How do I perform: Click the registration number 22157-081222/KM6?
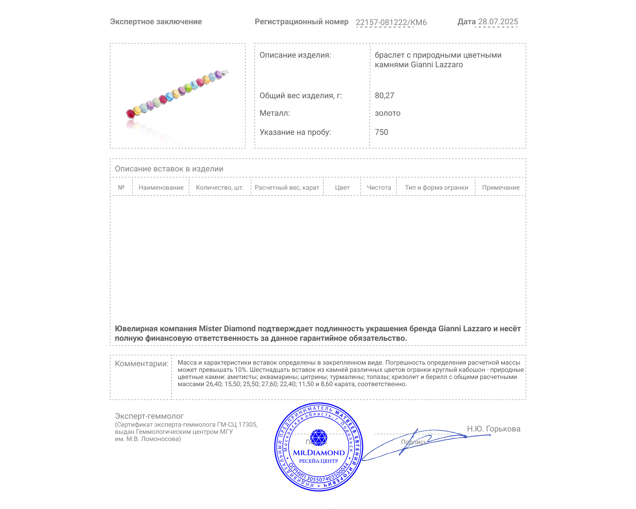391,22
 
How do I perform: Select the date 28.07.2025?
498,21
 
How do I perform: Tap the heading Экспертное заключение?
156,22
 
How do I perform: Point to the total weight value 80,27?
384,95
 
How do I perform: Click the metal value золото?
388,113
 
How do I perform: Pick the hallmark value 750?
381,132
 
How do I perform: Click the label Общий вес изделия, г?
301,95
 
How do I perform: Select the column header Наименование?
161,188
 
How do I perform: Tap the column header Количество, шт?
220,188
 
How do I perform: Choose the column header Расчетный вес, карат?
287,188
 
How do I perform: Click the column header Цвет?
342,188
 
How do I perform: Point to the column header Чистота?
379,188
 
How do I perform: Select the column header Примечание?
501,188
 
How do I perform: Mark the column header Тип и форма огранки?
436,188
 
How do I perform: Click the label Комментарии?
142,363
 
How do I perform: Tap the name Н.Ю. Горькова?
494,429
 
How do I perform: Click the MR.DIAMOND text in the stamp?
319,453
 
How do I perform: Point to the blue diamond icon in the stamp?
318,437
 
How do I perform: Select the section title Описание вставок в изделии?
169,169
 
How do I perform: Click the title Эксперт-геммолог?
149,416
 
